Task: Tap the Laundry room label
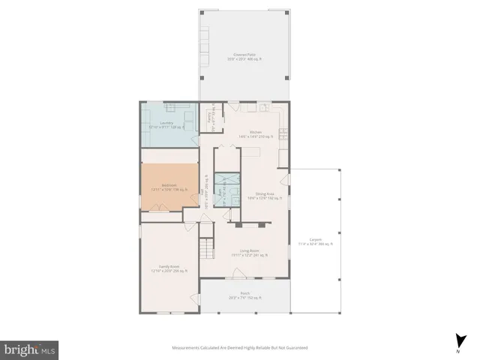(x=166, y=124)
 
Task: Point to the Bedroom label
(x=169, y=187)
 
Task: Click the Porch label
(x=244, y=295)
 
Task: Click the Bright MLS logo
(x=30, y=349)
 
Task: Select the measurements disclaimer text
(x=239, y=347)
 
